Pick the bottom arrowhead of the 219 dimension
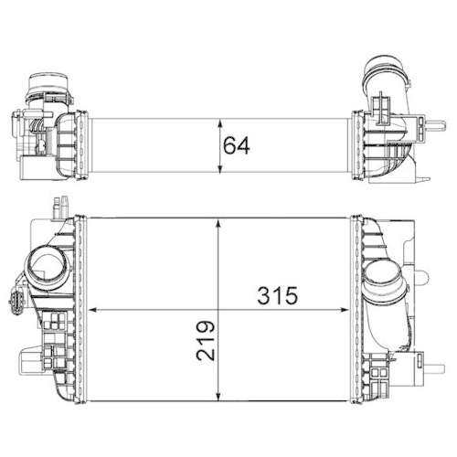[217, 397]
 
